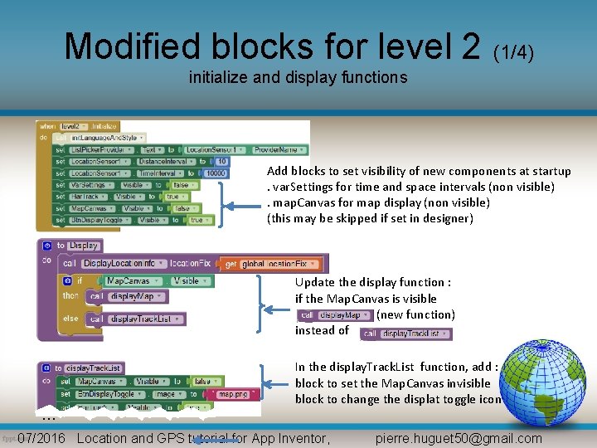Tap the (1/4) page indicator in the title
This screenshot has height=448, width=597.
tap(513, 53)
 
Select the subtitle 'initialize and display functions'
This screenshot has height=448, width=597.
tap(298, 78)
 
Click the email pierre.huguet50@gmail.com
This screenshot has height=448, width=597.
tap(459, 438)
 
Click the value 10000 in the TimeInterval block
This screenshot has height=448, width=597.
tap(216, 173)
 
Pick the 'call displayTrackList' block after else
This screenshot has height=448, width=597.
tap(137, 319)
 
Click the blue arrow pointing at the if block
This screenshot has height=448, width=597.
tap(277, 307)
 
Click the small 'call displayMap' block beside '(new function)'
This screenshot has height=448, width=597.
tap(335, 315)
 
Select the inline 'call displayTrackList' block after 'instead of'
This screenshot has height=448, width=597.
tap(406, 334)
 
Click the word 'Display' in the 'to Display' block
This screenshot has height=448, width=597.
tap(84, 246)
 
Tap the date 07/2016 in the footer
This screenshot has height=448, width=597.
tap(41, 438)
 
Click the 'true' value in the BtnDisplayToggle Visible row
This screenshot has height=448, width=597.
tap(197, 220)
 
